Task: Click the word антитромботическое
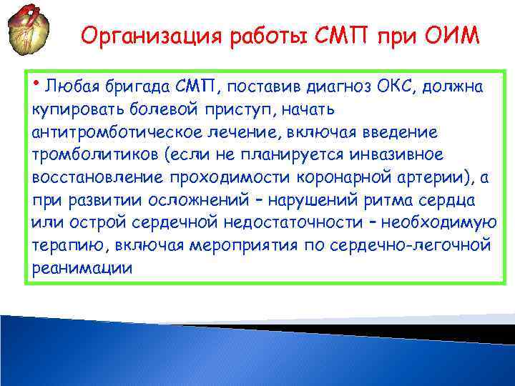[x=104, y=133]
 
